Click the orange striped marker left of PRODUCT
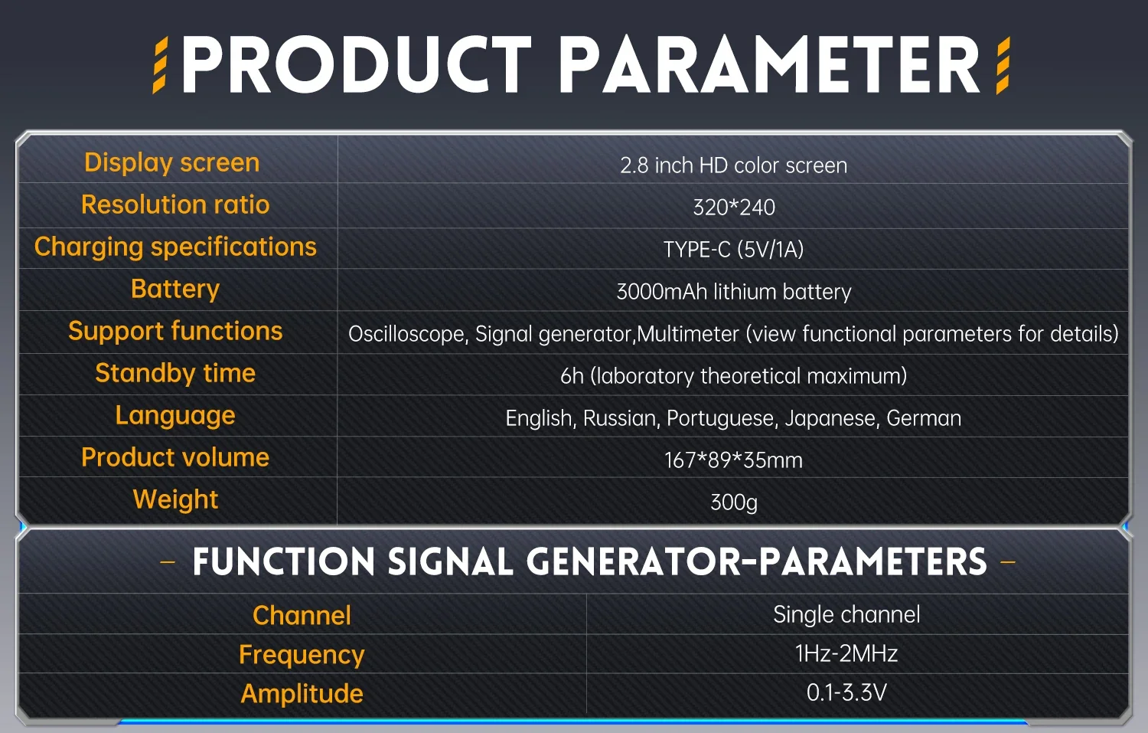[x=161, y=65]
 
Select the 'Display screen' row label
[x=172, y=162]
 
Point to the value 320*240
[x=734, y=208]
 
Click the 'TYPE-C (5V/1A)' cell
[x=733, y=250]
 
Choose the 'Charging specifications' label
[x=175, y=247]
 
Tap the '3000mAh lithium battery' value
[x=734, y=292]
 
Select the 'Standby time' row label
[x=175, y=374]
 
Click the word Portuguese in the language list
[x=720, y=418]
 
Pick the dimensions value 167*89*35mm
[x=733, y=460]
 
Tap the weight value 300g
[x=734, y=502]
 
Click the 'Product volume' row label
[x=175, y=457]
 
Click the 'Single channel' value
[x=846, y=614]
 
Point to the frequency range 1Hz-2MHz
[x=846, y=654]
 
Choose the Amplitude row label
[x=302, y=694]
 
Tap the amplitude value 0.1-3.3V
[x=846, y=693]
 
